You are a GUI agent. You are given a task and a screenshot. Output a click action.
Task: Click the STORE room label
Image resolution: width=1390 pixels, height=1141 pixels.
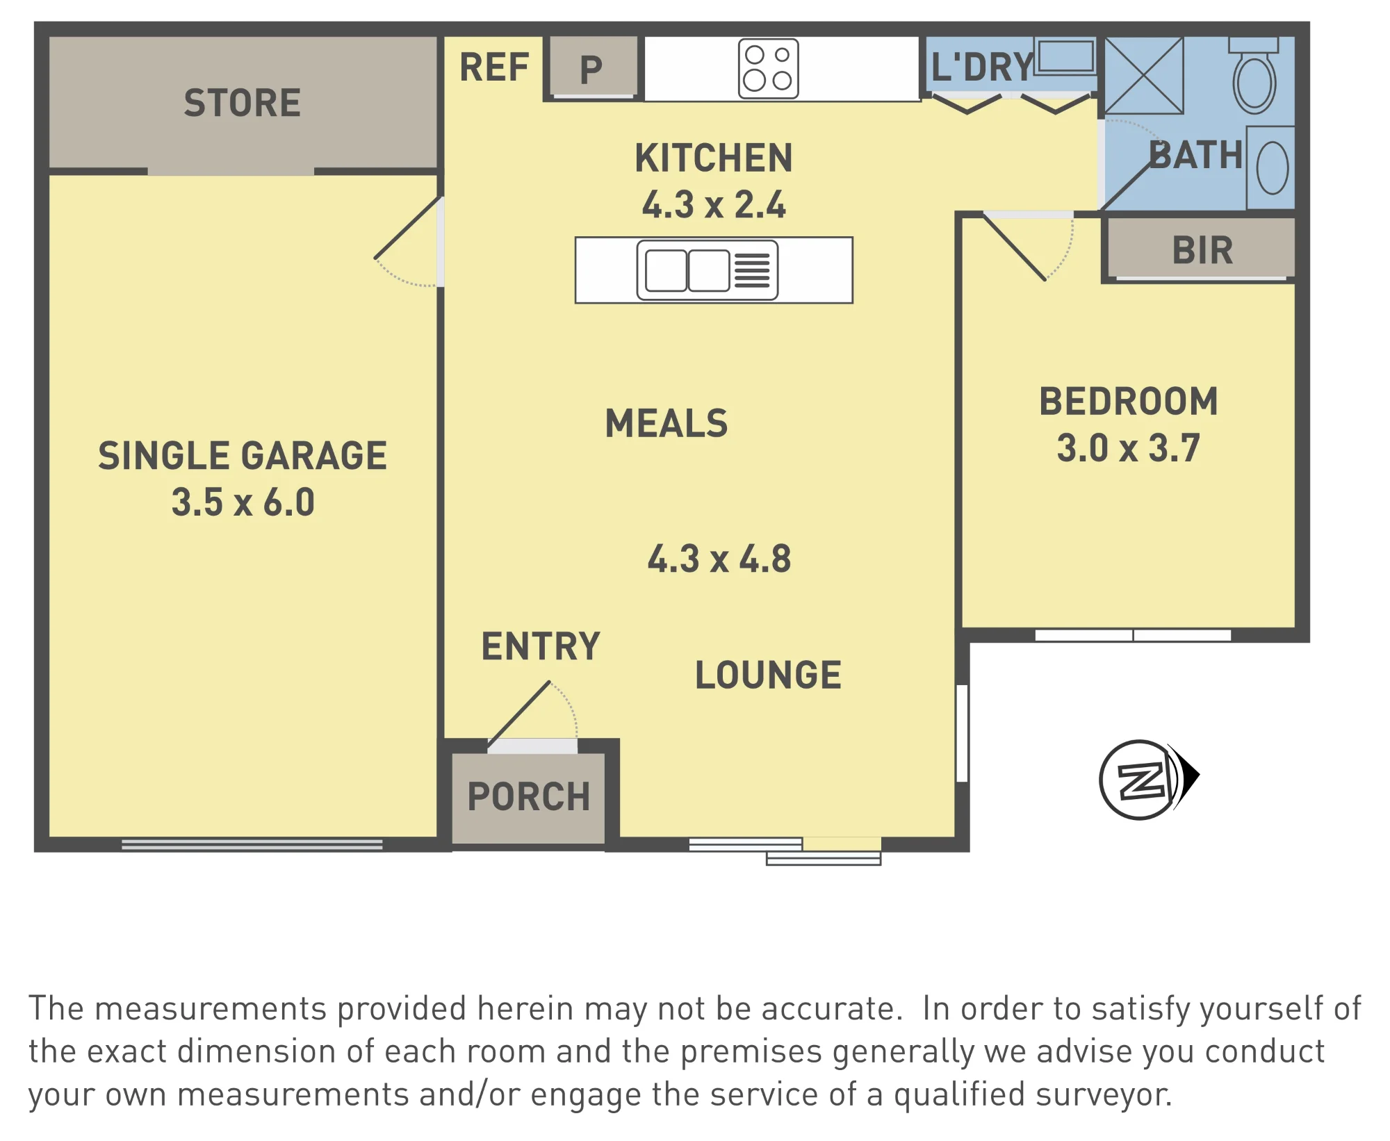243,103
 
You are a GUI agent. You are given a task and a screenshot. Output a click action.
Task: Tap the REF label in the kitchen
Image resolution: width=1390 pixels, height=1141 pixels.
494,67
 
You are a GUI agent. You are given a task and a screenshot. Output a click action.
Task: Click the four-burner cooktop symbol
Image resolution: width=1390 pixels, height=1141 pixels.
768,69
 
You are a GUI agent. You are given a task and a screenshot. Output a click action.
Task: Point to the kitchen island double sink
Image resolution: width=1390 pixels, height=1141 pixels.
707,270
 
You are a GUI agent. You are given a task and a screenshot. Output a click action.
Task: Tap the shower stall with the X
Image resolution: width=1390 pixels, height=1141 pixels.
1143,76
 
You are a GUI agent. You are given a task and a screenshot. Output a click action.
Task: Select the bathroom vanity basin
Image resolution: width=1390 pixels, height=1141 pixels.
1272,167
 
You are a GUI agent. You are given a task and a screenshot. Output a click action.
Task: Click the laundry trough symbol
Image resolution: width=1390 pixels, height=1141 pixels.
1065,56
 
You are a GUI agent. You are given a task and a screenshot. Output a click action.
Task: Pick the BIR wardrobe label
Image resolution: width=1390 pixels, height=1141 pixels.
1202,250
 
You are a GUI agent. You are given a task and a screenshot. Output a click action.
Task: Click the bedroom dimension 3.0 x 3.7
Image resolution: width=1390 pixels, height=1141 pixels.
1128,448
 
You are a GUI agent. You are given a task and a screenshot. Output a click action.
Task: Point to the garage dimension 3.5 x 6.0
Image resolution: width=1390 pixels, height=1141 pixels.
243,502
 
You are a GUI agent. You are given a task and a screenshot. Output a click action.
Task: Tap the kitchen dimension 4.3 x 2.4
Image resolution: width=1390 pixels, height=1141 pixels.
714,204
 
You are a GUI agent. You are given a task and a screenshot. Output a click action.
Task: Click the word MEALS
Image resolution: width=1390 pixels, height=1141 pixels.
667,423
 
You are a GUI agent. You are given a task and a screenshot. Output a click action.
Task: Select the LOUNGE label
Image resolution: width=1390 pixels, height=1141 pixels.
768,675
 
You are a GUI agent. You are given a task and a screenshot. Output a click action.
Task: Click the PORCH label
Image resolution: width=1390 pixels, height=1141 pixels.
528,796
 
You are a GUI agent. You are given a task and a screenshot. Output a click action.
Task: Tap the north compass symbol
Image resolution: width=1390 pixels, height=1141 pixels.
1147,779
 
